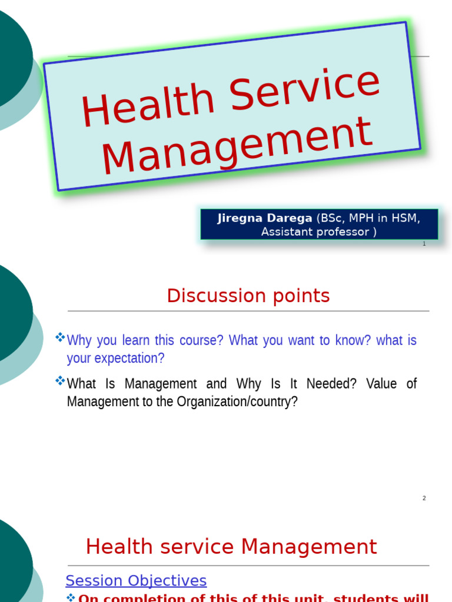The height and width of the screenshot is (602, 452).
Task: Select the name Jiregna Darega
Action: pyautogui.click(x=265, y=218)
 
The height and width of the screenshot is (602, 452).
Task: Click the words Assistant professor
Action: pyautogui.click(x=315, y=232)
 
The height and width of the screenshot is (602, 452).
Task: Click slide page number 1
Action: pyautogui.click(x=424, y=243)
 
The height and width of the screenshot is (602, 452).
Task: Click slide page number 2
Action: pyautogui.click(x=424, y=499)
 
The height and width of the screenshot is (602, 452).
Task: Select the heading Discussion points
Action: pyautogui.click(x=248, y=296)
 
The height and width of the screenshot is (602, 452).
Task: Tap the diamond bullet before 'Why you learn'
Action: pyautogui.click(x=60, y=337)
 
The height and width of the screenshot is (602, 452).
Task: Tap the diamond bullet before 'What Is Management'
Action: pyautogui.click(x=60, y=381)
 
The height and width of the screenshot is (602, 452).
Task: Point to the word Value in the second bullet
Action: pyautogui.click(x=382, y=384)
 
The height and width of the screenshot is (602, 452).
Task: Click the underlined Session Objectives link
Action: pyautogui.click(x=136, y=581)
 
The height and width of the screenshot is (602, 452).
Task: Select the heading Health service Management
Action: pyautogui.click(x=231, y=547)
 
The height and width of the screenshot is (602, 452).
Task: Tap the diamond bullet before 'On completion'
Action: pyautogui.click(x=71, y=597)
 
